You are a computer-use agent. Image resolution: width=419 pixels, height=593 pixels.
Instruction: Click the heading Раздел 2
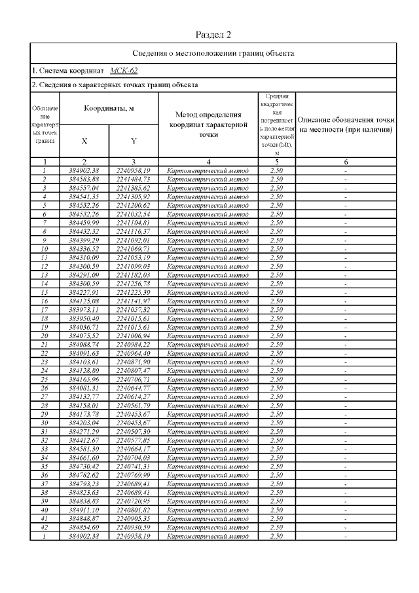[x=214, y=34]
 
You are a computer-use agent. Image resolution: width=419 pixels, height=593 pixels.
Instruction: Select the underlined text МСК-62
[x=124, y=70]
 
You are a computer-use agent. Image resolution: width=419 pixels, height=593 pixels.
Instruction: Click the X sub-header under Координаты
[x=84, y=141]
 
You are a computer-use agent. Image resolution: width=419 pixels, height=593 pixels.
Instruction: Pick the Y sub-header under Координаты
[x=134, y=141]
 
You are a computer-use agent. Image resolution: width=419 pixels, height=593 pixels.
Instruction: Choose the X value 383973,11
[x=84, y=309]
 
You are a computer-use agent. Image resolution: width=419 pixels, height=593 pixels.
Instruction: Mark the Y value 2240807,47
[x=134, y=370]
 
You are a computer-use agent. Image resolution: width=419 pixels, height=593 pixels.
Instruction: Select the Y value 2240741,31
[x=134, y=465]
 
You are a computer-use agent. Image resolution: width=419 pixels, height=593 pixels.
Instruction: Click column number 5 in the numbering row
[x=277, y=161]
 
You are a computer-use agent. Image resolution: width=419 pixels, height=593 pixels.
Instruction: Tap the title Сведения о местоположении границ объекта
[x=214, y=52]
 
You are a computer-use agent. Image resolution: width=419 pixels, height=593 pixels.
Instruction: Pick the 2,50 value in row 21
[x=277, y=344]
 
